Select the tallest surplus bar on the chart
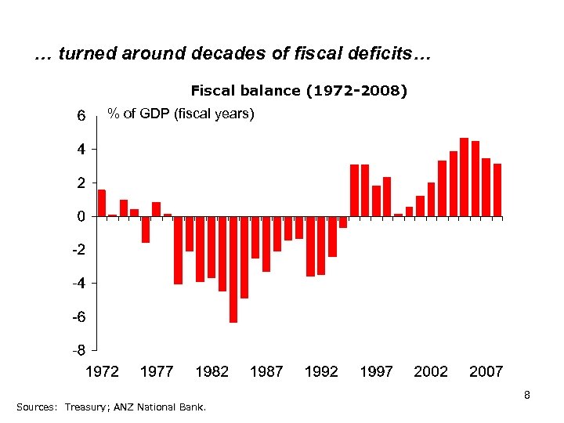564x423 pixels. pyautogui.click(x=464, y=177)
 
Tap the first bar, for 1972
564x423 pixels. pyautogui.click(x=102, y=203)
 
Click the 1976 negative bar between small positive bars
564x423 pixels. pyautogui.click(x=146, y=230)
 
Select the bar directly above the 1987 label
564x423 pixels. pyautogui.click(x=266, y=244)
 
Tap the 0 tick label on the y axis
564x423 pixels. pyautogui.click(x=81, y=216)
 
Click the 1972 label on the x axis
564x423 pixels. pyautogui.click(x=102, y=371)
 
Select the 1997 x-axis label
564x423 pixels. pyautogui.click(x=376, y=371)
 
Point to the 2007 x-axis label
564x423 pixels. pyautogui.click(x=486, y=371)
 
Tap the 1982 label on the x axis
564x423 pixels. pyautogui.click(x=211, y=371)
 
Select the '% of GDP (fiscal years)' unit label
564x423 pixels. pyautogui.click(x=181, y=114)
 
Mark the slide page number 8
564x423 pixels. pyautogui.click(x=527, y=395)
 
